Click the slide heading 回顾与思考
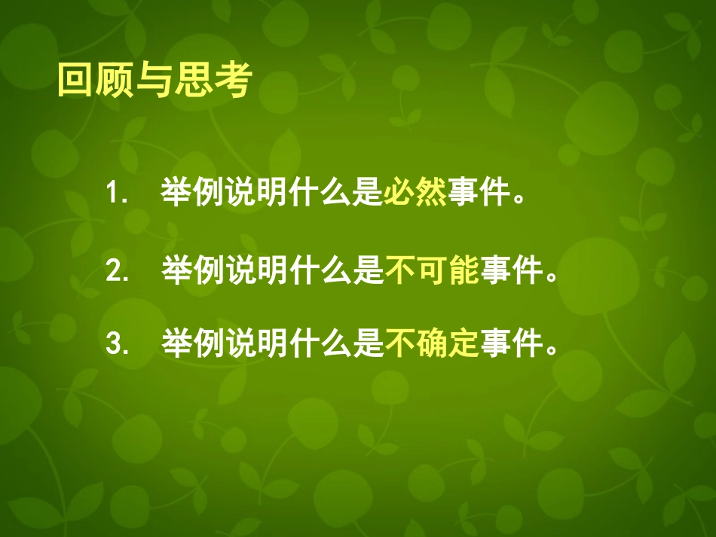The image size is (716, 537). pyautogui.click(x=153, y=81)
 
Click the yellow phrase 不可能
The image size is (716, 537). pyautogui.click(x=433, y=271)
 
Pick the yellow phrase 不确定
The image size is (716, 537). pyautogui.click(x=433, y=345)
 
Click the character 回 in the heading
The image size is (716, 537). pyautogui.click(x=75, y=81)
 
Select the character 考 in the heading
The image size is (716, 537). pyautogui.click(x=231, y=81)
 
